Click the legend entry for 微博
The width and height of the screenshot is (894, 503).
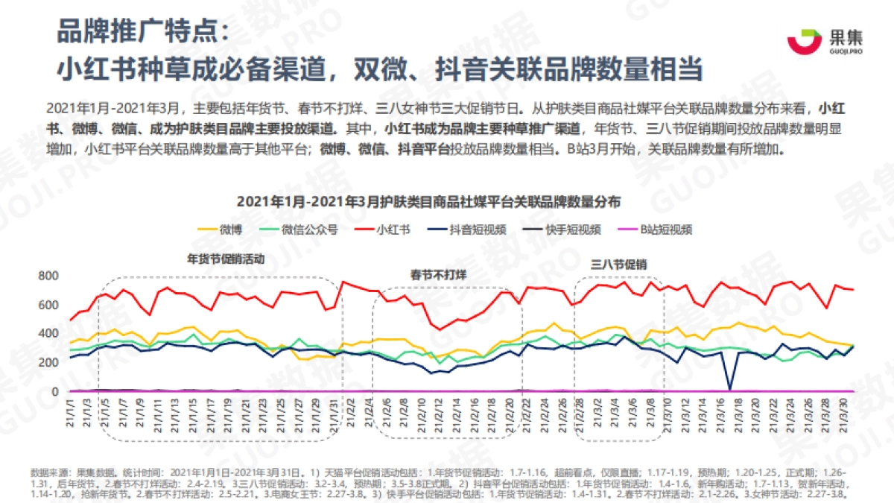218,230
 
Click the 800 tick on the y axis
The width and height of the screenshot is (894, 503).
48,276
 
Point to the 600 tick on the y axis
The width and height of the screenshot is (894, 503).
48,305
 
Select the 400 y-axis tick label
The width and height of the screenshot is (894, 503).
48,334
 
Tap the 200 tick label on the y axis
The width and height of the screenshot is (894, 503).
48,363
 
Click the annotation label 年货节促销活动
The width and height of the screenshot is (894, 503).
226,260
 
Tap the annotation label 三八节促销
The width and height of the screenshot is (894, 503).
618,264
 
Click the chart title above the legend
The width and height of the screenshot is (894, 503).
429,202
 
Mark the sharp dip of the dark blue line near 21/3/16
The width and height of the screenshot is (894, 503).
729,388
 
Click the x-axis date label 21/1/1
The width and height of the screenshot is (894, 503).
72,414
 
